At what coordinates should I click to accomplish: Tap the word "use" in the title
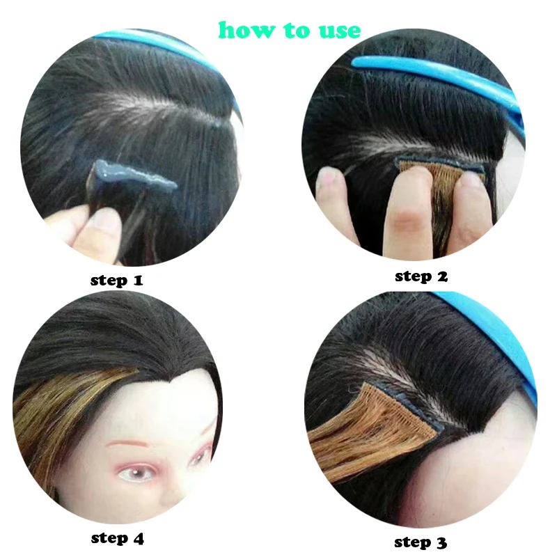click(340, 31)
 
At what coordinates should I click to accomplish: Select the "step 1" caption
click(116, 281)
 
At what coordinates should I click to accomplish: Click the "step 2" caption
click(421, 276)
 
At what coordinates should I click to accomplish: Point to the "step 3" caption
click(421, 542)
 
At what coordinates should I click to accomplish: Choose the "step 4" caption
click(117, 538)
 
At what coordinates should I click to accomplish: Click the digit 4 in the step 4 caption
click(139, 538)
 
